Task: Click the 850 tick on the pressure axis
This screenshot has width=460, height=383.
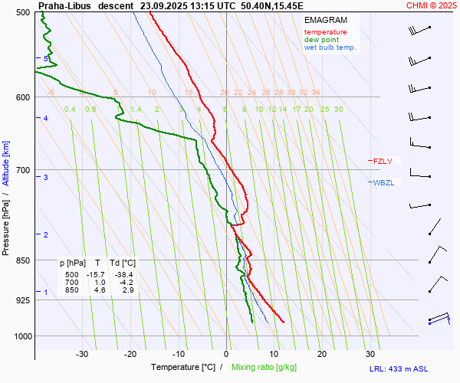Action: tap(23, 260)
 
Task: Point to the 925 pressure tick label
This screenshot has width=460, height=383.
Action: tap(23, 300)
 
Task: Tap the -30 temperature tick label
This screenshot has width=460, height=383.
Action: tap(83, 354)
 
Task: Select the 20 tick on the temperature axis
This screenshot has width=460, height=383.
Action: tap(322, 354)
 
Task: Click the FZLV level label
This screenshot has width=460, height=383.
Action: tap(383, 161)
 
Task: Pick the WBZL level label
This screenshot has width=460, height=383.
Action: tap(383, 182)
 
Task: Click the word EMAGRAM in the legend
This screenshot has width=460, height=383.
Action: tap(325, 20)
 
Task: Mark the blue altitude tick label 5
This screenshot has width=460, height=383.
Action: tap(46, 58)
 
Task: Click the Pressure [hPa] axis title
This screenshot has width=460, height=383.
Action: tap(6, 222)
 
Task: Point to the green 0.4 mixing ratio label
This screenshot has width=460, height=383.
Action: tap(70, 110)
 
